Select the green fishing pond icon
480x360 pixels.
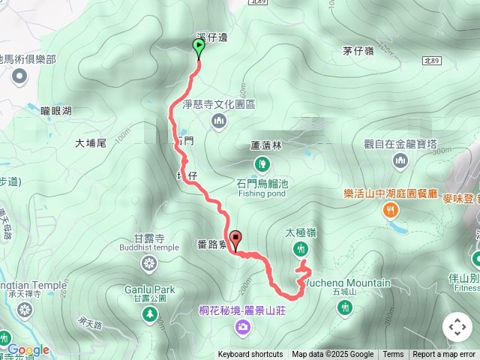(x=262, y=163)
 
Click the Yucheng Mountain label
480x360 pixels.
(x=349, y=283)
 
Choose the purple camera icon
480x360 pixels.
(x=243, y=326)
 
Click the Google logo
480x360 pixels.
(x=28, y=349)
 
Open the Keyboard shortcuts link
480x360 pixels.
(x=250, y=355)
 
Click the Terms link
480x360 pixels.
(x=393, y=355)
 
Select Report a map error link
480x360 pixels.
(x=444, y=355)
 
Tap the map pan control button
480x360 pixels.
(x=457, y=327)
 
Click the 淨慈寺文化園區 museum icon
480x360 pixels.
(x=219, y=120)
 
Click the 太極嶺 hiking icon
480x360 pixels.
(x=301, y=248)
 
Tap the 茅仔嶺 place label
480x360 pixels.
(x=358, y=51)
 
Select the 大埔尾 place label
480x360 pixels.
(x=91, y=142)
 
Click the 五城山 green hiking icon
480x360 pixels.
(x=344, y=307)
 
